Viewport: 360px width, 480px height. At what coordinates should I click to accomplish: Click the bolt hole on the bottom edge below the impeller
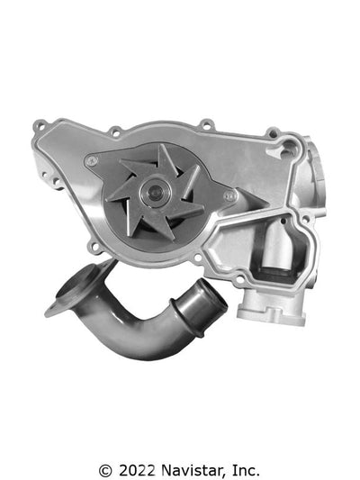[x=197, y=258]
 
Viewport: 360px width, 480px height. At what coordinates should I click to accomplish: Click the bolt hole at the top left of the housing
[x=114, y=131]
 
